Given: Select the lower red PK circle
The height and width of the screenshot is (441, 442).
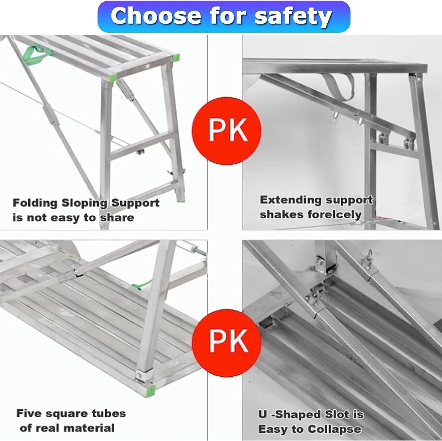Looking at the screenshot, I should pyautogui.click(x=227, y=341).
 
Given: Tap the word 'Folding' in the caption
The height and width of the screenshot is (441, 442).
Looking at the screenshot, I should pyautogui.click(x=35, y=203).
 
